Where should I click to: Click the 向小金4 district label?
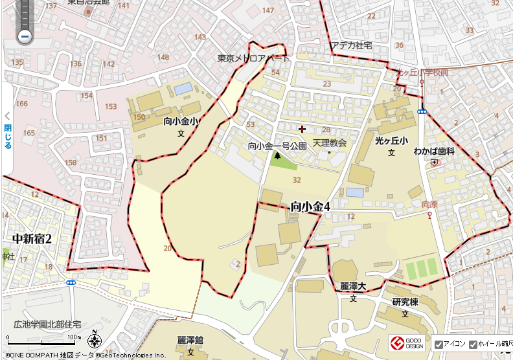point(311,207)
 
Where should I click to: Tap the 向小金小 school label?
point(181,121)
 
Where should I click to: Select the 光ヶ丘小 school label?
point(391,141)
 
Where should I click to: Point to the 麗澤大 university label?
point(354,286)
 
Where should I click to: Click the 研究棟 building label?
point(405,302)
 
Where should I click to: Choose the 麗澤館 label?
point(190,340)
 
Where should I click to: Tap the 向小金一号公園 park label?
point(277,146)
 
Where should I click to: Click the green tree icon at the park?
point(278,155)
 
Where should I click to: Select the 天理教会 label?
point(330,142)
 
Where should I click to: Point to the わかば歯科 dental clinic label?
point(434,151)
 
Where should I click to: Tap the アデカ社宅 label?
point(352,45)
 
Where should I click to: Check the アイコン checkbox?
point(439,344)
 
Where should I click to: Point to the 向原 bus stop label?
point(429,204)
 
